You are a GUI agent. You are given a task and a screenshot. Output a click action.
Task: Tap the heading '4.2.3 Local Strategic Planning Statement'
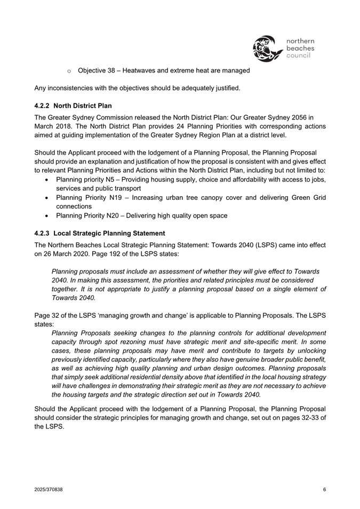tap(99, 233)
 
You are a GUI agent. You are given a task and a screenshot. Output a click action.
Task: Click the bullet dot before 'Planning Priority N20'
tap(49, 216)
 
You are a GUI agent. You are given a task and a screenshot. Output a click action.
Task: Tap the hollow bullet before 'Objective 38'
tap(69, 71)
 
